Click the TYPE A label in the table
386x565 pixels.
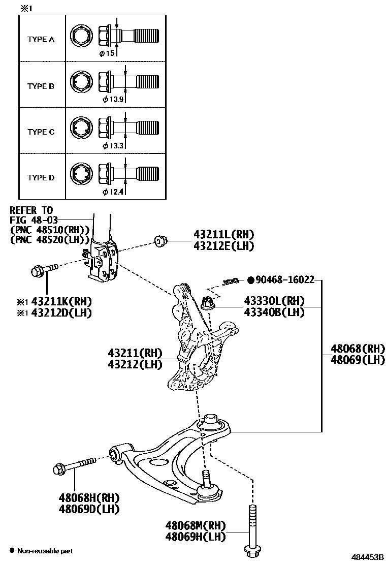(x=41, y=39)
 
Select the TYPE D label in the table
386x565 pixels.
(x=41, y=177)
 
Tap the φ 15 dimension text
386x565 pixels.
(x=107, y=53)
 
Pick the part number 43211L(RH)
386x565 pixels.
(x=223, y=234)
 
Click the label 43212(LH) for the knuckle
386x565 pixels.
(x=135, y=364)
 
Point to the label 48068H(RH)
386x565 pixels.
(x=89, y=497)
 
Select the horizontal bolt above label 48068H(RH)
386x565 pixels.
(x=74, y=465)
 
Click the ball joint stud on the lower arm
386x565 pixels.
(x=207, y=479)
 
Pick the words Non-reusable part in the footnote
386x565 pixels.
(x=45, y=551)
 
